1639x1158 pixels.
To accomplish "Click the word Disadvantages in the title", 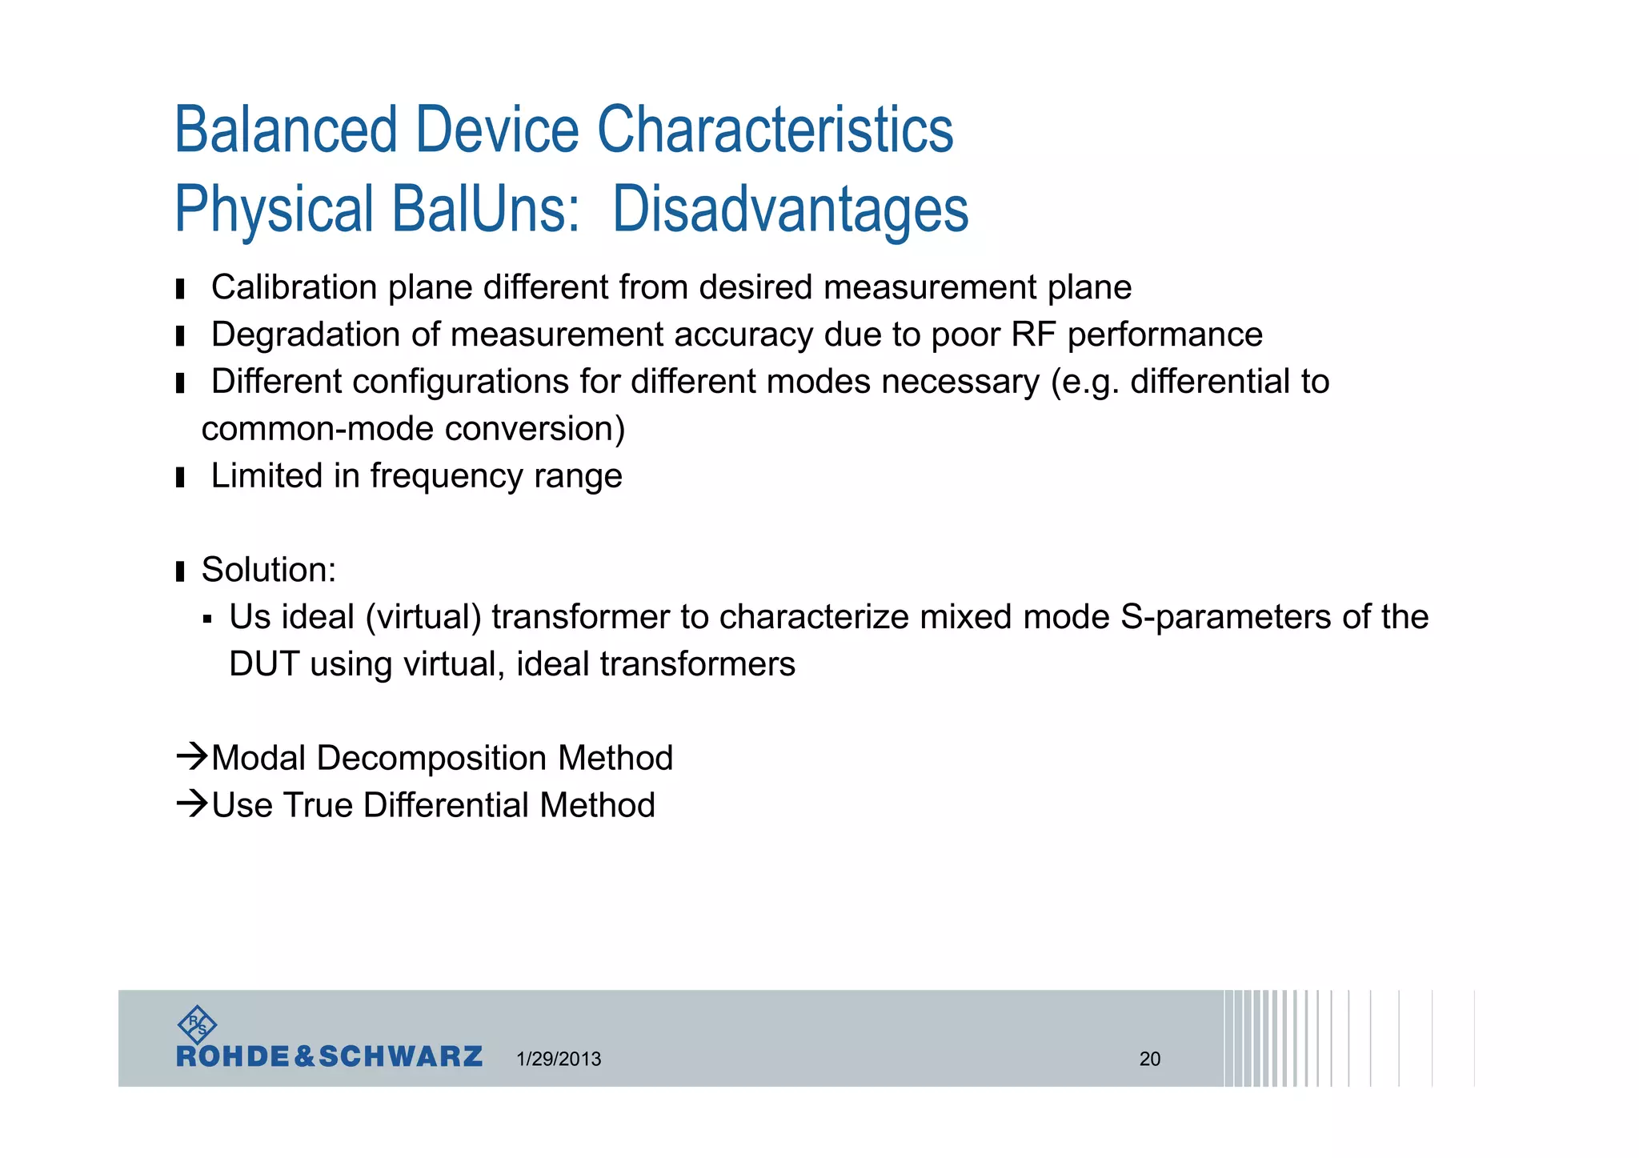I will click(x=790, y=210).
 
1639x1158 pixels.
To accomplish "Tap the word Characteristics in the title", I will click(x=775, y=130).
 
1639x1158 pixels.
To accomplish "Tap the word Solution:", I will click(x=269, y=571).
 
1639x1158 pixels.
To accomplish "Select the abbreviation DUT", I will click(x=264, y=664).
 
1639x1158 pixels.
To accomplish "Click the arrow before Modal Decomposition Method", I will click(x=192, y=756).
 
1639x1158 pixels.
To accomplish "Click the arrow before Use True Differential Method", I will click(x=192, y=803).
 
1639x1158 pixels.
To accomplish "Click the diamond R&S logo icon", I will click(x=197, y=1024).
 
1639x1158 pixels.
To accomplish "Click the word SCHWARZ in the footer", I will click(x=400, y=1056).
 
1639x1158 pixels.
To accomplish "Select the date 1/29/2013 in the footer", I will click(x=559, y=1059).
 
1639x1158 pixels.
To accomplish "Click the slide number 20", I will click(x=1149, y=1059).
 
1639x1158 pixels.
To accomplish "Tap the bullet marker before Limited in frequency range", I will click(x=180, y=478).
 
